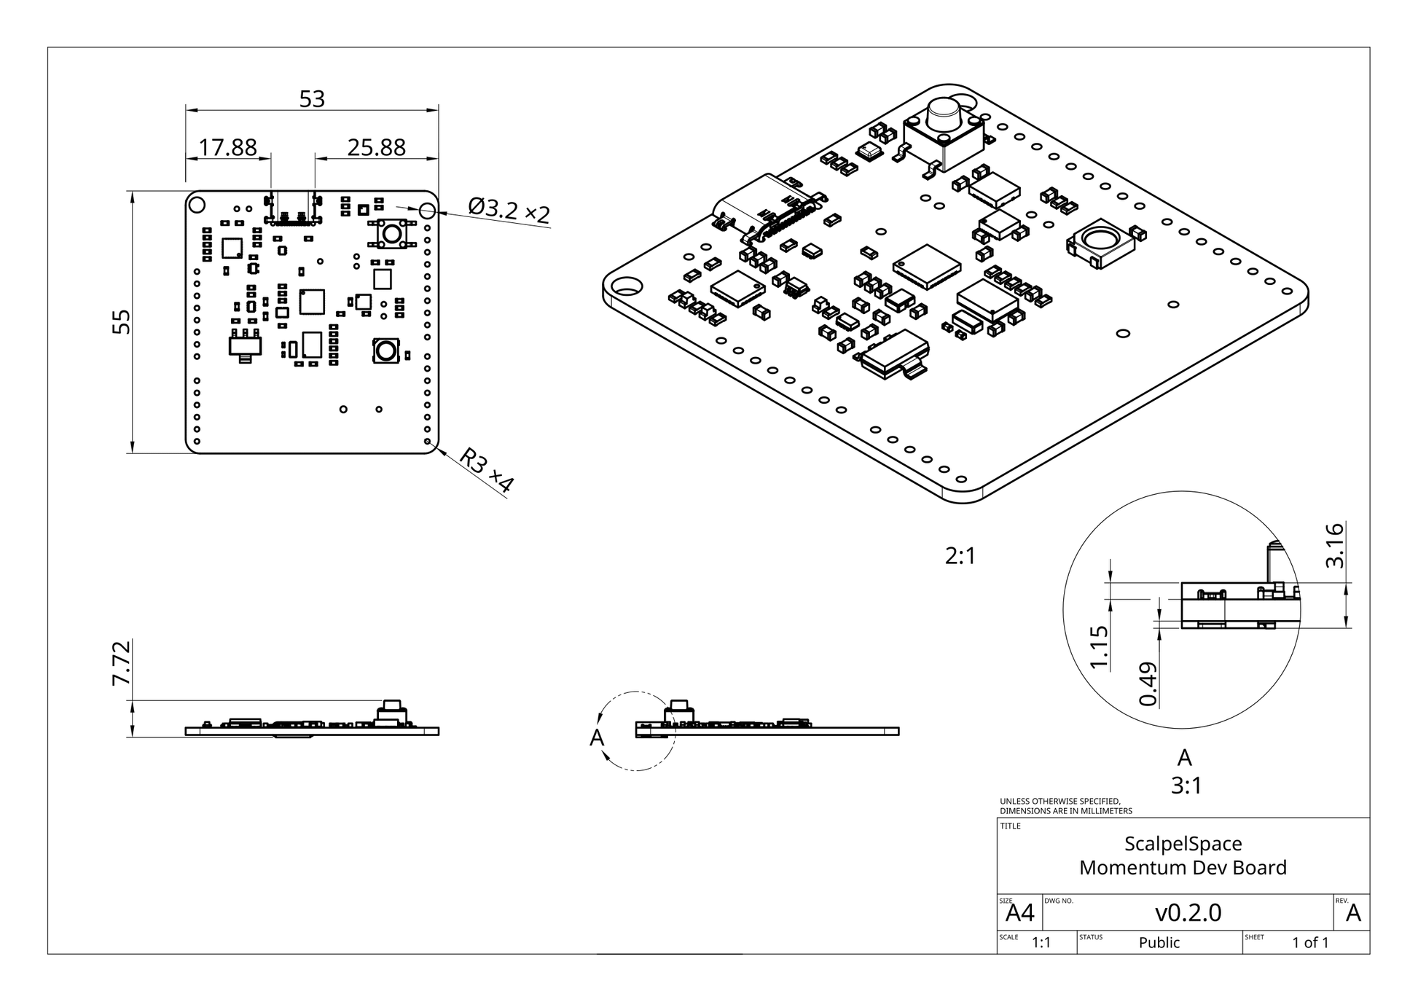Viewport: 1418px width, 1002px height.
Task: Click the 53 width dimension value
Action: tap(312, 99)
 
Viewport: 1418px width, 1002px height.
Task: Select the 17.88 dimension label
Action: tap(227, 148)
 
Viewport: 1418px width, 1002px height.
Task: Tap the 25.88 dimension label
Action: tap(376, 148)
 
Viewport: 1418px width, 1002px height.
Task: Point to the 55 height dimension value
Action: tap(123, 321)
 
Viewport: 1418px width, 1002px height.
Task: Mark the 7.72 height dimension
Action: tap(121, 662)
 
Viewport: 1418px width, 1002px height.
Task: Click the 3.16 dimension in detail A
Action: tap(1334, 545)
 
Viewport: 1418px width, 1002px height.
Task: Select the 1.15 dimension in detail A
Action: tap(1099, 647)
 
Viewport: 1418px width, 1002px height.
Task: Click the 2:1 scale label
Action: tap(960, 557)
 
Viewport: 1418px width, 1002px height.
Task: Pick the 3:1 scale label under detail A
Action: tap(1186, 786)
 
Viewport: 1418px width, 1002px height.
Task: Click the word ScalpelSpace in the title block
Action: tap(1183, 844)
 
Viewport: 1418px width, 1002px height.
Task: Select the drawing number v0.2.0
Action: tap(1188, 912)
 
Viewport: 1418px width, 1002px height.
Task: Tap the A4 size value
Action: tap(1020, 913)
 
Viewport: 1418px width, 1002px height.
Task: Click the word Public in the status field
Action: tap(1159, 943)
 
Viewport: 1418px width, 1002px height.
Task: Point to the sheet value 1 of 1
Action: tap(1310, 943)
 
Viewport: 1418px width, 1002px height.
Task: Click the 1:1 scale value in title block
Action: tap(1041, 943)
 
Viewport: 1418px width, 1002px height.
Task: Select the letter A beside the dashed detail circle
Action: tap(597, 738)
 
